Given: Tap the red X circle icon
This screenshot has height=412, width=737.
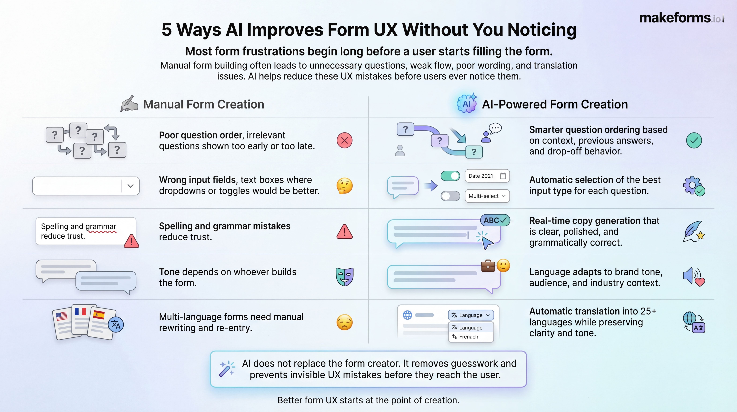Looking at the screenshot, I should click(x=345, y=140).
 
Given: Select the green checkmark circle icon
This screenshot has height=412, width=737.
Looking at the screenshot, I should click(x=694, y=140).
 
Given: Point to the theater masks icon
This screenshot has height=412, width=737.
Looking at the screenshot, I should click(x=345, y=277).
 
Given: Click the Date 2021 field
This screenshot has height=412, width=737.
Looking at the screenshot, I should click(x=487, y=176).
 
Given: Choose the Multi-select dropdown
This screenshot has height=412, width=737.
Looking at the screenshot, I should click(x=487, y=196).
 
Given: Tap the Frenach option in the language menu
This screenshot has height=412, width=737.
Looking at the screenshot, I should click(x=469, y=337).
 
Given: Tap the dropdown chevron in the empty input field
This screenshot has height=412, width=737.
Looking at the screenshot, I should click(x=130, y=186).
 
